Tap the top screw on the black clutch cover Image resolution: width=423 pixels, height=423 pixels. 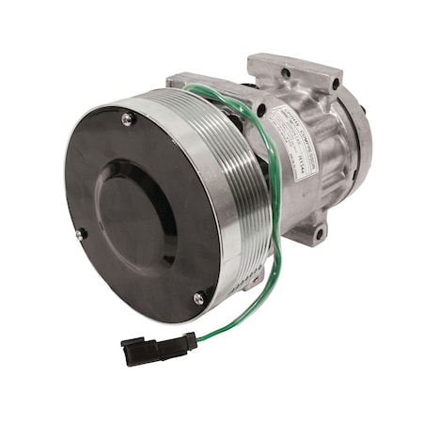[x=127, y=118]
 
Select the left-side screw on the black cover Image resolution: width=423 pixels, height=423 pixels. [x=82, y=232]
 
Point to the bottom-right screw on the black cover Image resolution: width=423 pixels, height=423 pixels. [x=198, y=298]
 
